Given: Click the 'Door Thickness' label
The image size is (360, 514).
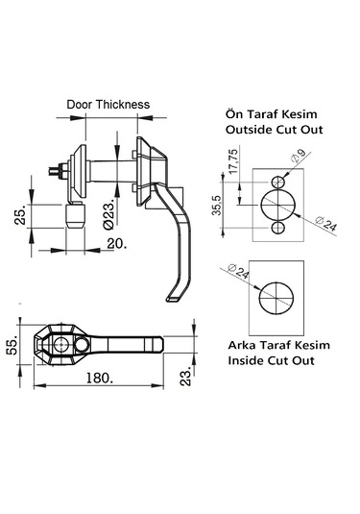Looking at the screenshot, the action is (108, 105).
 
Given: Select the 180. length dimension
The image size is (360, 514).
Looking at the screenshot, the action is (99, 378).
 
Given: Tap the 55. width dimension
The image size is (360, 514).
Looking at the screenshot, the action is (12, 347).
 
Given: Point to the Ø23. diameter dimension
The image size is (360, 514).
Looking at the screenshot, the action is (108, 213).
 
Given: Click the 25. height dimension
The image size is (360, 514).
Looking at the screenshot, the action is (20, 216).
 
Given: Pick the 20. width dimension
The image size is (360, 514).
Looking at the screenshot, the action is (116, 244).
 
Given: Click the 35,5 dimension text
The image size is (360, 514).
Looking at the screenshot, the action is (217, 206).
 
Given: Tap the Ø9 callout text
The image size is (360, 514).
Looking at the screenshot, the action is (298, 156).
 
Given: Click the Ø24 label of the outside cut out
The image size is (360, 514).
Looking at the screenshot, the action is (325, 224).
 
